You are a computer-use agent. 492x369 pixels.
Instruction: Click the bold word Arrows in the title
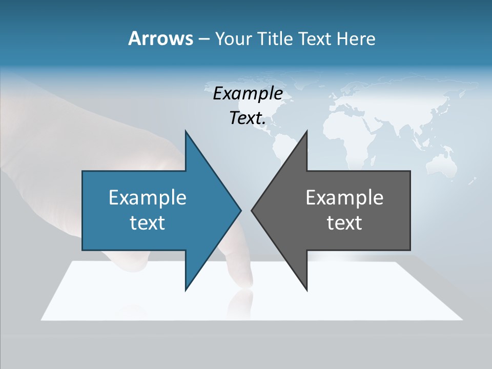point(160,38)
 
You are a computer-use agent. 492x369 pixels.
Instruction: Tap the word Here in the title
point(356,38)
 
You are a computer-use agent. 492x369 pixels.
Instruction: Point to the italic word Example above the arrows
point(248,93)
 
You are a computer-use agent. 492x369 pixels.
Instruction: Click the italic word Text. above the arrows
point(248,118)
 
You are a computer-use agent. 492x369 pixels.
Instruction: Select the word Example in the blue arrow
point(148,197)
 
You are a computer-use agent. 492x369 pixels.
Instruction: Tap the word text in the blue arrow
point(148,222)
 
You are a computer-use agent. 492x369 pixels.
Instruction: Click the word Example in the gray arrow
point(344,197)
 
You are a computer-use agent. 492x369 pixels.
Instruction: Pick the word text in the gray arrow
point(344,222)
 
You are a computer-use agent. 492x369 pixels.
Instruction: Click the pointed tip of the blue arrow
point(240,210)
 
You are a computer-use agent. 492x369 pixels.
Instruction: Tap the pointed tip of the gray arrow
point(252,210)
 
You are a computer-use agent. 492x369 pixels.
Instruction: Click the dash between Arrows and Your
point(203,38)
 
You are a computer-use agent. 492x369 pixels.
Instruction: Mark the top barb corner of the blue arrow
point(186,131)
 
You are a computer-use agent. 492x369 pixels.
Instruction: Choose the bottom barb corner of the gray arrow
point(307,290)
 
